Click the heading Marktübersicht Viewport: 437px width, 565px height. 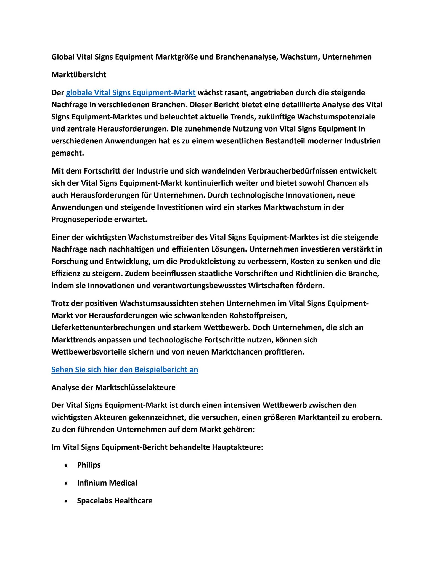[79, 75]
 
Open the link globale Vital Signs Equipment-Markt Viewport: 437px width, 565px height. [131, 93]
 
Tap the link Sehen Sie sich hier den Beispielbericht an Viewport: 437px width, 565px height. [125, 370]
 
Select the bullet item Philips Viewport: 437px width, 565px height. [89, 465]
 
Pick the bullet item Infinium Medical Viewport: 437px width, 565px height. [107, 483]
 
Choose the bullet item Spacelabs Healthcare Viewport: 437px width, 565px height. [115, 501]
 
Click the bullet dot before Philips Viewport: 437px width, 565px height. [66, 465]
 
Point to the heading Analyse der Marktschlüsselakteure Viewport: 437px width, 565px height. [113, 387]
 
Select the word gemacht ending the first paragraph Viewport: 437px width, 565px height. [67, 153]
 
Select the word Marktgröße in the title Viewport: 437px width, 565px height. [176, 57]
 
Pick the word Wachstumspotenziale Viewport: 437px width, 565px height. [336, 117]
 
